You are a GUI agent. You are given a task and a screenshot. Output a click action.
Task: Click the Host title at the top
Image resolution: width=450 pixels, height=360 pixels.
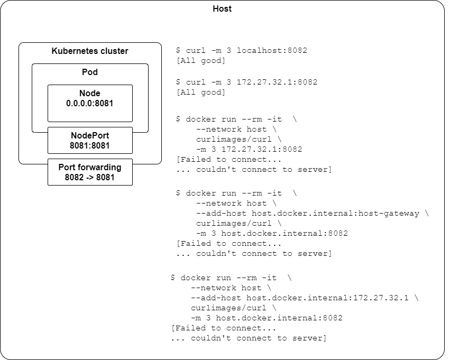point(222,9)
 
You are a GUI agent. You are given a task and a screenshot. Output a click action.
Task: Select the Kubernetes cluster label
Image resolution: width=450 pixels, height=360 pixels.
point(90,51)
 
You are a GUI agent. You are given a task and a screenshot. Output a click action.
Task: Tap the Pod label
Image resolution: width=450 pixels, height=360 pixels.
point(90,72)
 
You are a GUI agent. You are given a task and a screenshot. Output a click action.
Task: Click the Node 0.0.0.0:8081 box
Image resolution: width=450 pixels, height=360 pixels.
point(90,104)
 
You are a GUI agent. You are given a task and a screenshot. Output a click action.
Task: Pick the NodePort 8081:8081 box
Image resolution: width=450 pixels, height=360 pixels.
point(90,140)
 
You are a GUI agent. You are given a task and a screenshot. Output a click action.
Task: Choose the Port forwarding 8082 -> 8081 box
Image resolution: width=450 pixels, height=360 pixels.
point(90,172)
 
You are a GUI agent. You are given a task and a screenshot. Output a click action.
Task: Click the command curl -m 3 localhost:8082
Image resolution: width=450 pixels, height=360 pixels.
point(242,51)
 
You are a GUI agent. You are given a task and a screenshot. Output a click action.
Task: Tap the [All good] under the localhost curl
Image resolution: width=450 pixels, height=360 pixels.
point(201,61)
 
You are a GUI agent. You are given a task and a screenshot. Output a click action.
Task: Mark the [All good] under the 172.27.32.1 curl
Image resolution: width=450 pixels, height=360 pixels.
point(201,93)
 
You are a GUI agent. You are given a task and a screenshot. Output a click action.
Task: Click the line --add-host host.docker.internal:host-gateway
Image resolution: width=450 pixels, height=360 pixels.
point(313,213)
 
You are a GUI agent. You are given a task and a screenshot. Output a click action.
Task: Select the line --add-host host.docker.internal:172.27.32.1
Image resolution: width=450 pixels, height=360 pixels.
point(305,298)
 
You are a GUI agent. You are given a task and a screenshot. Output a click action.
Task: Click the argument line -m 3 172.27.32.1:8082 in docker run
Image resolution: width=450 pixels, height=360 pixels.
point(249,149)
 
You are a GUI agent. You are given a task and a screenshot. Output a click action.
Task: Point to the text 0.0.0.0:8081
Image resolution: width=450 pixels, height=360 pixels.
point(90,104)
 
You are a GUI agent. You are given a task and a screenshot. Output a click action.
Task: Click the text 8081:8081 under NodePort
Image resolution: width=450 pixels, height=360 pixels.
point(90,145)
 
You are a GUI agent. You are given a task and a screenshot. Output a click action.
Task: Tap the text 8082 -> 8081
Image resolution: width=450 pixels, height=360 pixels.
point(90,177)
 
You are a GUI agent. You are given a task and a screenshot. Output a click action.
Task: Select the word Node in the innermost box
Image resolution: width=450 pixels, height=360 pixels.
point(90,94)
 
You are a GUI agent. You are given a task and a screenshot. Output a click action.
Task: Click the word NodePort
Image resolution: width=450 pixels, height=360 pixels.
point(90,135)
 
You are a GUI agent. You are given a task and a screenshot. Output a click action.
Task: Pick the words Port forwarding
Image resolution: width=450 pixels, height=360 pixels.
point(90,167)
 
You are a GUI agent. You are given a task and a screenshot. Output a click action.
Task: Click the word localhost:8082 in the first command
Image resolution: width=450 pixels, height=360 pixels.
point(272,51)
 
